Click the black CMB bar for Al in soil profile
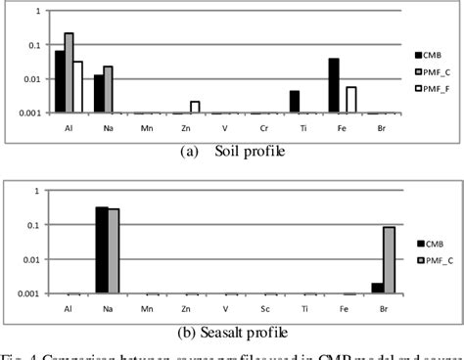point(60,82)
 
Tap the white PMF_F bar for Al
point(78,87)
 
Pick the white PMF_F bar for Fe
point(351,100)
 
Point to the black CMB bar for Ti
point(294,102)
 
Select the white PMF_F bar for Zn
point(195,107)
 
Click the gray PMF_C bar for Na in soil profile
point(109,89)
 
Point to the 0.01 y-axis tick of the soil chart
point(30,79)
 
